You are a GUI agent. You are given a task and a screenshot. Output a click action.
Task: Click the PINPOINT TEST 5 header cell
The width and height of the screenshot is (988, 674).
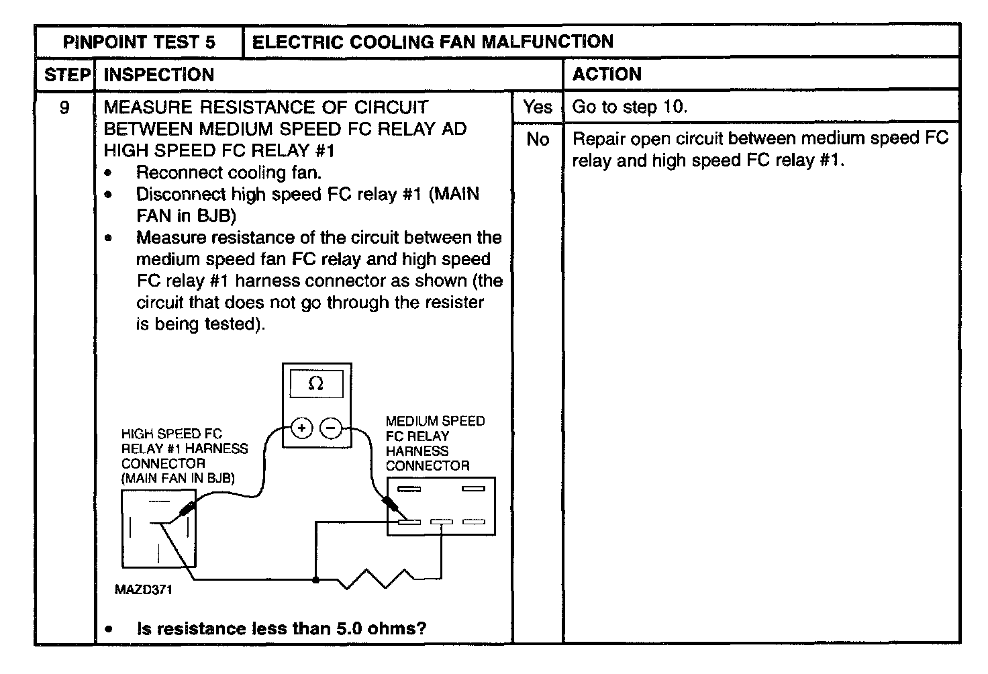pos(139,42)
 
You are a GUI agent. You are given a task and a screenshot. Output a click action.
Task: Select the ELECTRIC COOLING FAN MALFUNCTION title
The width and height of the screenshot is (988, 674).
pos(432,42)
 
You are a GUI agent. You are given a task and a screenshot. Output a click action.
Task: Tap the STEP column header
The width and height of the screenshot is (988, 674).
pos(66,75)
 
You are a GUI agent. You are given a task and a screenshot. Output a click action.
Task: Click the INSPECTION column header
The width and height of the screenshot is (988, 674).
pos(159,75)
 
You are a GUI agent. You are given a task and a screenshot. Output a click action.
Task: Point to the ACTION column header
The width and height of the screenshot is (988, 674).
pos(607,74)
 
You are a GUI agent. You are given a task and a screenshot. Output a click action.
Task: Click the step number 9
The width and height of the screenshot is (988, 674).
pos(64,107)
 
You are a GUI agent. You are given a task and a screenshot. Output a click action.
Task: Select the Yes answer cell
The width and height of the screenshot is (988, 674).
pos(538,107)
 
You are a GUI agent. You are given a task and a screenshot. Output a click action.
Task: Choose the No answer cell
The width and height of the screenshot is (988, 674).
pos(538,139)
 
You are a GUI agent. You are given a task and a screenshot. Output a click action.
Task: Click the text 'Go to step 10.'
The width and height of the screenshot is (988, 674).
pos(630,107)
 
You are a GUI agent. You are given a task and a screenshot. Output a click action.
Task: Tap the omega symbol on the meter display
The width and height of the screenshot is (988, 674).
pos(315,384)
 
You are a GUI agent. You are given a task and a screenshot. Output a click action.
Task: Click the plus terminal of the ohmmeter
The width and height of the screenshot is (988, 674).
pos(301,428)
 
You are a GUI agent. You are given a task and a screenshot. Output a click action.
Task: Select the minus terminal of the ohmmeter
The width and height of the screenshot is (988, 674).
pos(331,428)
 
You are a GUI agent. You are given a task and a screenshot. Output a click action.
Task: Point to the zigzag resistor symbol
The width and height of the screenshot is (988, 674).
pos(376,578)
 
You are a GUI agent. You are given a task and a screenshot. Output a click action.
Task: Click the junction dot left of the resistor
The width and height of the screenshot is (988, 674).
pos(315,578)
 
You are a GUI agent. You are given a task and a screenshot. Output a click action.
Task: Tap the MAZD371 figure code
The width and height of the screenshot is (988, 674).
pos(143,590)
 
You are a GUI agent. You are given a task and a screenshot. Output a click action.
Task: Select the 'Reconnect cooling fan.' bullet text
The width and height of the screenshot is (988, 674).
pos(229,173)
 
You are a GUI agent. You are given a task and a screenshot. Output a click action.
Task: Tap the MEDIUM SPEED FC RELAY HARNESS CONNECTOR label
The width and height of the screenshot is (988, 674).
pos(434,443)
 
